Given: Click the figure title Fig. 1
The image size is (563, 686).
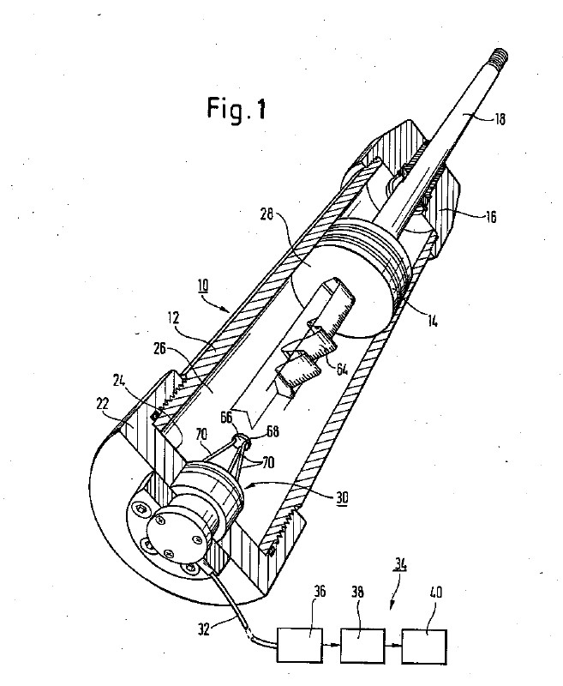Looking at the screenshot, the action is pyautogui.click(x=236, y=109).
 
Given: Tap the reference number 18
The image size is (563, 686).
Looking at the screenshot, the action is pyautogui.click(x=500, y=119).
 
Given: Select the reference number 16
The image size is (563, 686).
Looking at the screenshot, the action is pyautogui.click(x=491, y=217).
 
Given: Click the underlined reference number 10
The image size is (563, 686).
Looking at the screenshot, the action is pyautogui.click(x=203, y=286).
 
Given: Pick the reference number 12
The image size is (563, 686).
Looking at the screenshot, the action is pyautogui.click(x=174, y=317).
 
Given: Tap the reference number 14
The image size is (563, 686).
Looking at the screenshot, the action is pyautogui.click(x=432, y=321).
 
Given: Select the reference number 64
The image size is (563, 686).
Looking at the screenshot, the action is pyautogui.click(x=342, y=370).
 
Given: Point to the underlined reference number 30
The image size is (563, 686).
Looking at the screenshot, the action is pyautogui.click(x=342, y=498).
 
